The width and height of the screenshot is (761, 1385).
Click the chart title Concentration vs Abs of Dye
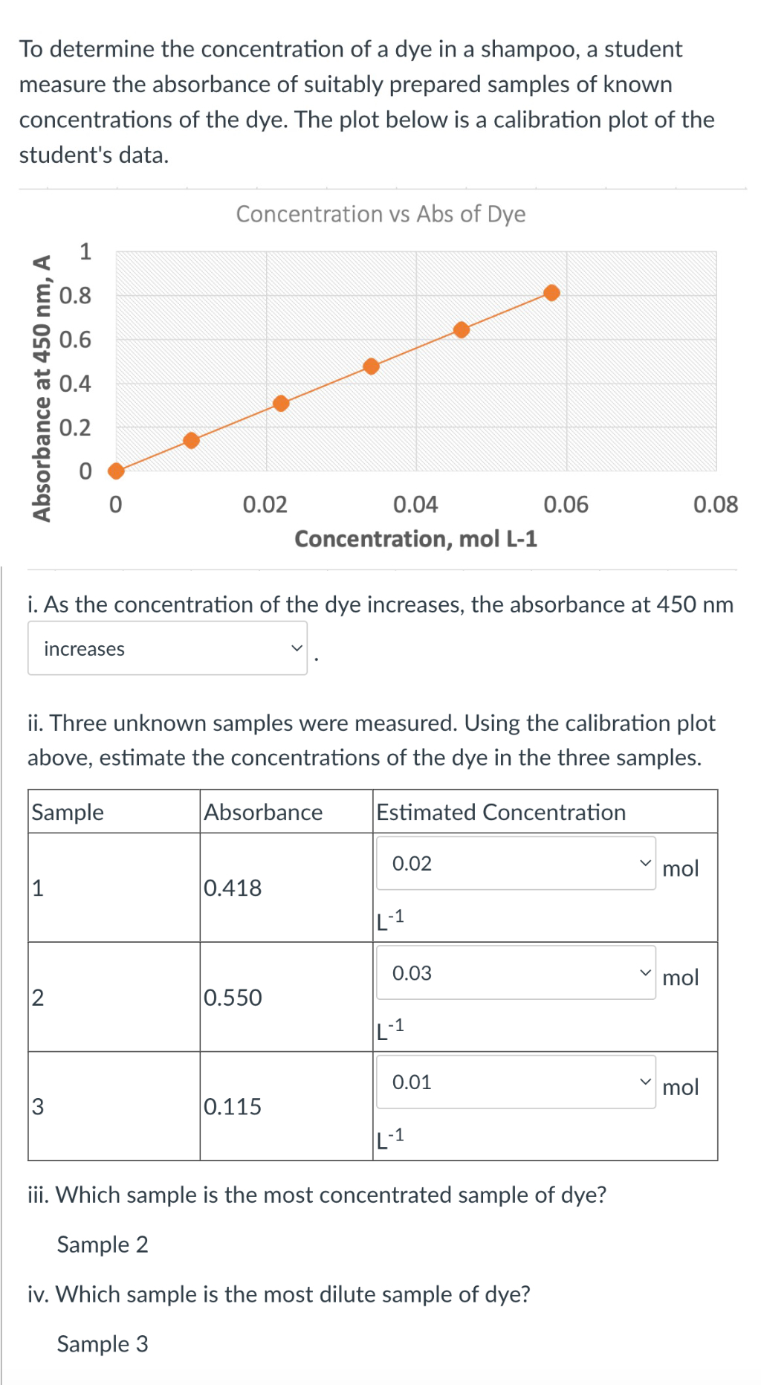pyautogui.click(x=380, y=214)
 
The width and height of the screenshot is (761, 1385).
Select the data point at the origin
pyautogui.click(x=116, y=471)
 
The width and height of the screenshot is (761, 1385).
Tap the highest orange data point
pyautogui.click(x=551, y=292)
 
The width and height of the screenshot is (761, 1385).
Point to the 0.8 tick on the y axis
pyautogui.click(x=75, y=296)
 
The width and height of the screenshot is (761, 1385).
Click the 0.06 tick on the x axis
pyautogui.click(x=566, y=505)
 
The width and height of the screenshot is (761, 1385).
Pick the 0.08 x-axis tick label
pyautogui.click(x=715, y=505)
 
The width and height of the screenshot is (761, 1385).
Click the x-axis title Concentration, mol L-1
pyautogui.click(x=415, y=539)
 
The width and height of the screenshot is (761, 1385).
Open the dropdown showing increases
pyautogui.click(x=167, y=648)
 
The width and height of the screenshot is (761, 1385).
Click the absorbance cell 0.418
pyautogui.click(x=233, y=888)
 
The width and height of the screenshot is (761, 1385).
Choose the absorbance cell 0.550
pyautogui.click(x=233, y=997)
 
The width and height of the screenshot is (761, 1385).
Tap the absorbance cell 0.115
pyautogui.click(x=233, y=1106)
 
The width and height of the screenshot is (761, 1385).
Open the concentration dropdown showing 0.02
pyautogui.click(x=516, y=863)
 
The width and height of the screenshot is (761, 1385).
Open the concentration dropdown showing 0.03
pyautogui.click(x=516, y=972)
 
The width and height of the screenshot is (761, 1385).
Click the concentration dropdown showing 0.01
pyautogui.click(x=516, y=1082)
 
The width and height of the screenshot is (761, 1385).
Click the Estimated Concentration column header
pyautogui.click(x=501, y=812)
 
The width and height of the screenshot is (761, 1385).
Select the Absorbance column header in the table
pyautogui.click(x=263, y=812)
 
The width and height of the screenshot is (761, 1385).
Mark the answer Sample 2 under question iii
pyautogui.click(x=103, y=1244)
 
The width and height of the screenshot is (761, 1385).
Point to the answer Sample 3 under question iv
pyautogui.click(x=103, y=1343)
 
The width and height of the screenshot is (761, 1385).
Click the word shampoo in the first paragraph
pyautogui.click(x=528, y=49)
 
